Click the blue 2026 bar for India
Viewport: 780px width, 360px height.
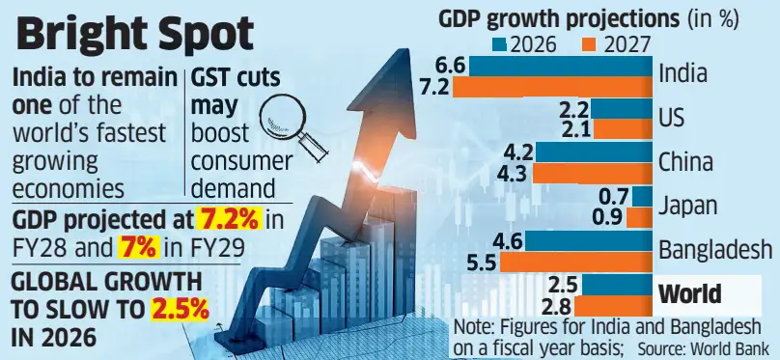click(x=561, y=67)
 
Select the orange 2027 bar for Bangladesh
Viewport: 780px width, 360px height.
click(x=575, y=263)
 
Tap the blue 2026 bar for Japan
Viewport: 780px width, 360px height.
click(x=642, y=197)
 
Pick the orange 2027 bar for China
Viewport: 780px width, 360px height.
click(x=593, y=174)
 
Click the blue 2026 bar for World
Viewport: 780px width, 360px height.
click(x=617, y=285)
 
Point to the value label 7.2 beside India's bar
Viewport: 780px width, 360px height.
click(x=436, y=87)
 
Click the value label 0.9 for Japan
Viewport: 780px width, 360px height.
click(x=610, y=217)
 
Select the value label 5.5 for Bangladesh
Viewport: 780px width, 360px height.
click(x=483, y=263)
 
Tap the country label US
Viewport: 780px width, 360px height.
click(x=671, y=119)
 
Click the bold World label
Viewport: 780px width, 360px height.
click(x=690, y=293)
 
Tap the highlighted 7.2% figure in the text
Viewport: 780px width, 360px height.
click(x=229, y=220)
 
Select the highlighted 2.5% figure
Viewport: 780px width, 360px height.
click(x=180, y=311)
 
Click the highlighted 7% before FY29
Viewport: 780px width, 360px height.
click(x=138, y=248)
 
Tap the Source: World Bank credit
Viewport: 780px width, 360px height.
click(x=703, y=346)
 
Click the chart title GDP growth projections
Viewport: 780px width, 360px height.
click(x=559, y=19)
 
